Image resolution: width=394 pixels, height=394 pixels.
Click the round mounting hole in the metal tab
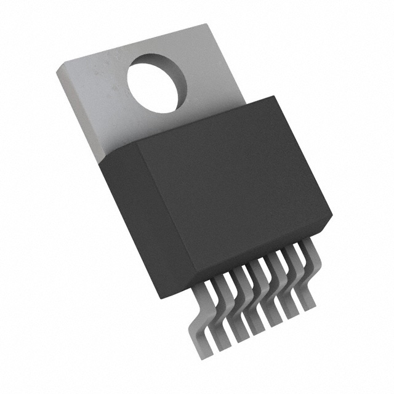[156, 83]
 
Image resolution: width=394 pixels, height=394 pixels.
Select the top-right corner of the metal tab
[206, 25]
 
